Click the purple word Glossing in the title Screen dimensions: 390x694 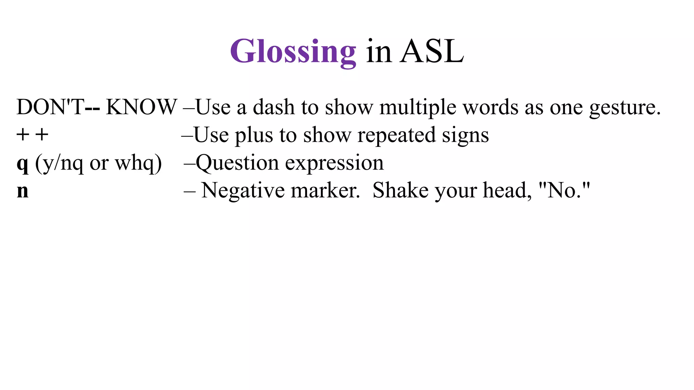(293, 52)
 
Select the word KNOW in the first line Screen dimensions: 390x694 (141, 107)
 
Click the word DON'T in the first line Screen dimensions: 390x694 (50, 107)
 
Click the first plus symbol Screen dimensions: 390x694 (23, 135)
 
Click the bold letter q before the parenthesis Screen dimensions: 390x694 (22, 164)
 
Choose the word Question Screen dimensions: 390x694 (237, 163)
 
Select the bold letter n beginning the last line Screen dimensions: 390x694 (22, 191)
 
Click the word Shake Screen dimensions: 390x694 (400, 191)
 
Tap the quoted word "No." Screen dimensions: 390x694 (564, 190)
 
